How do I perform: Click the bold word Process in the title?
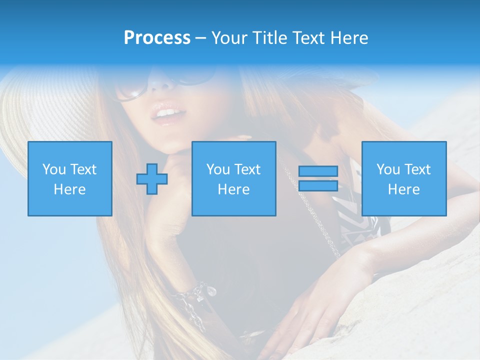click(x=157, y=38)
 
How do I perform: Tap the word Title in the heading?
click(x=270, y=38)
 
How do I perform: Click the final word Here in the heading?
click(x=349, y=38)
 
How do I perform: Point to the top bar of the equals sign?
click(x=318, y=171)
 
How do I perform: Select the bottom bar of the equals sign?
click(x=318, y=185)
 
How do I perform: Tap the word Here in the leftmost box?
click(x=69, y=189)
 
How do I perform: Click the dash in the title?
click(x=200, y=38)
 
